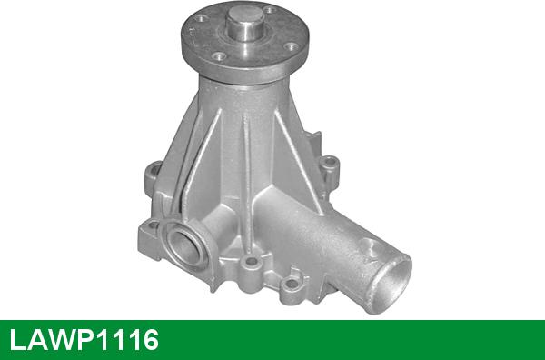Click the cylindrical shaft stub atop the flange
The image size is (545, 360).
(x=245, y=24)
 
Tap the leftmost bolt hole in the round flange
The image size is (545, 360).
(x=201, y=18)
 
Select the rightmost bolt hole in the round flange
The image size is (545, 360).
(x=291, y=46)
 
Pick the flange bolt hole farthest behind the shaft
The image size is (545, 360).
(x=270, y=10)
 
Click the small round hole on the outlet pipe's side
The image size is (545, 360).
(x=370, y=247)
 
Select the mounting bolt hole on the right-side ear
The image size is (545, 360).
(x=329, y=162)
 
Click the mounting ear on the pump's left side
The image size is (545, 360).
(x=153, y=176)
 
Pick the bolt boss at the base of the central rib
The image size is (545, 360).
(x=251, y=262)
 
